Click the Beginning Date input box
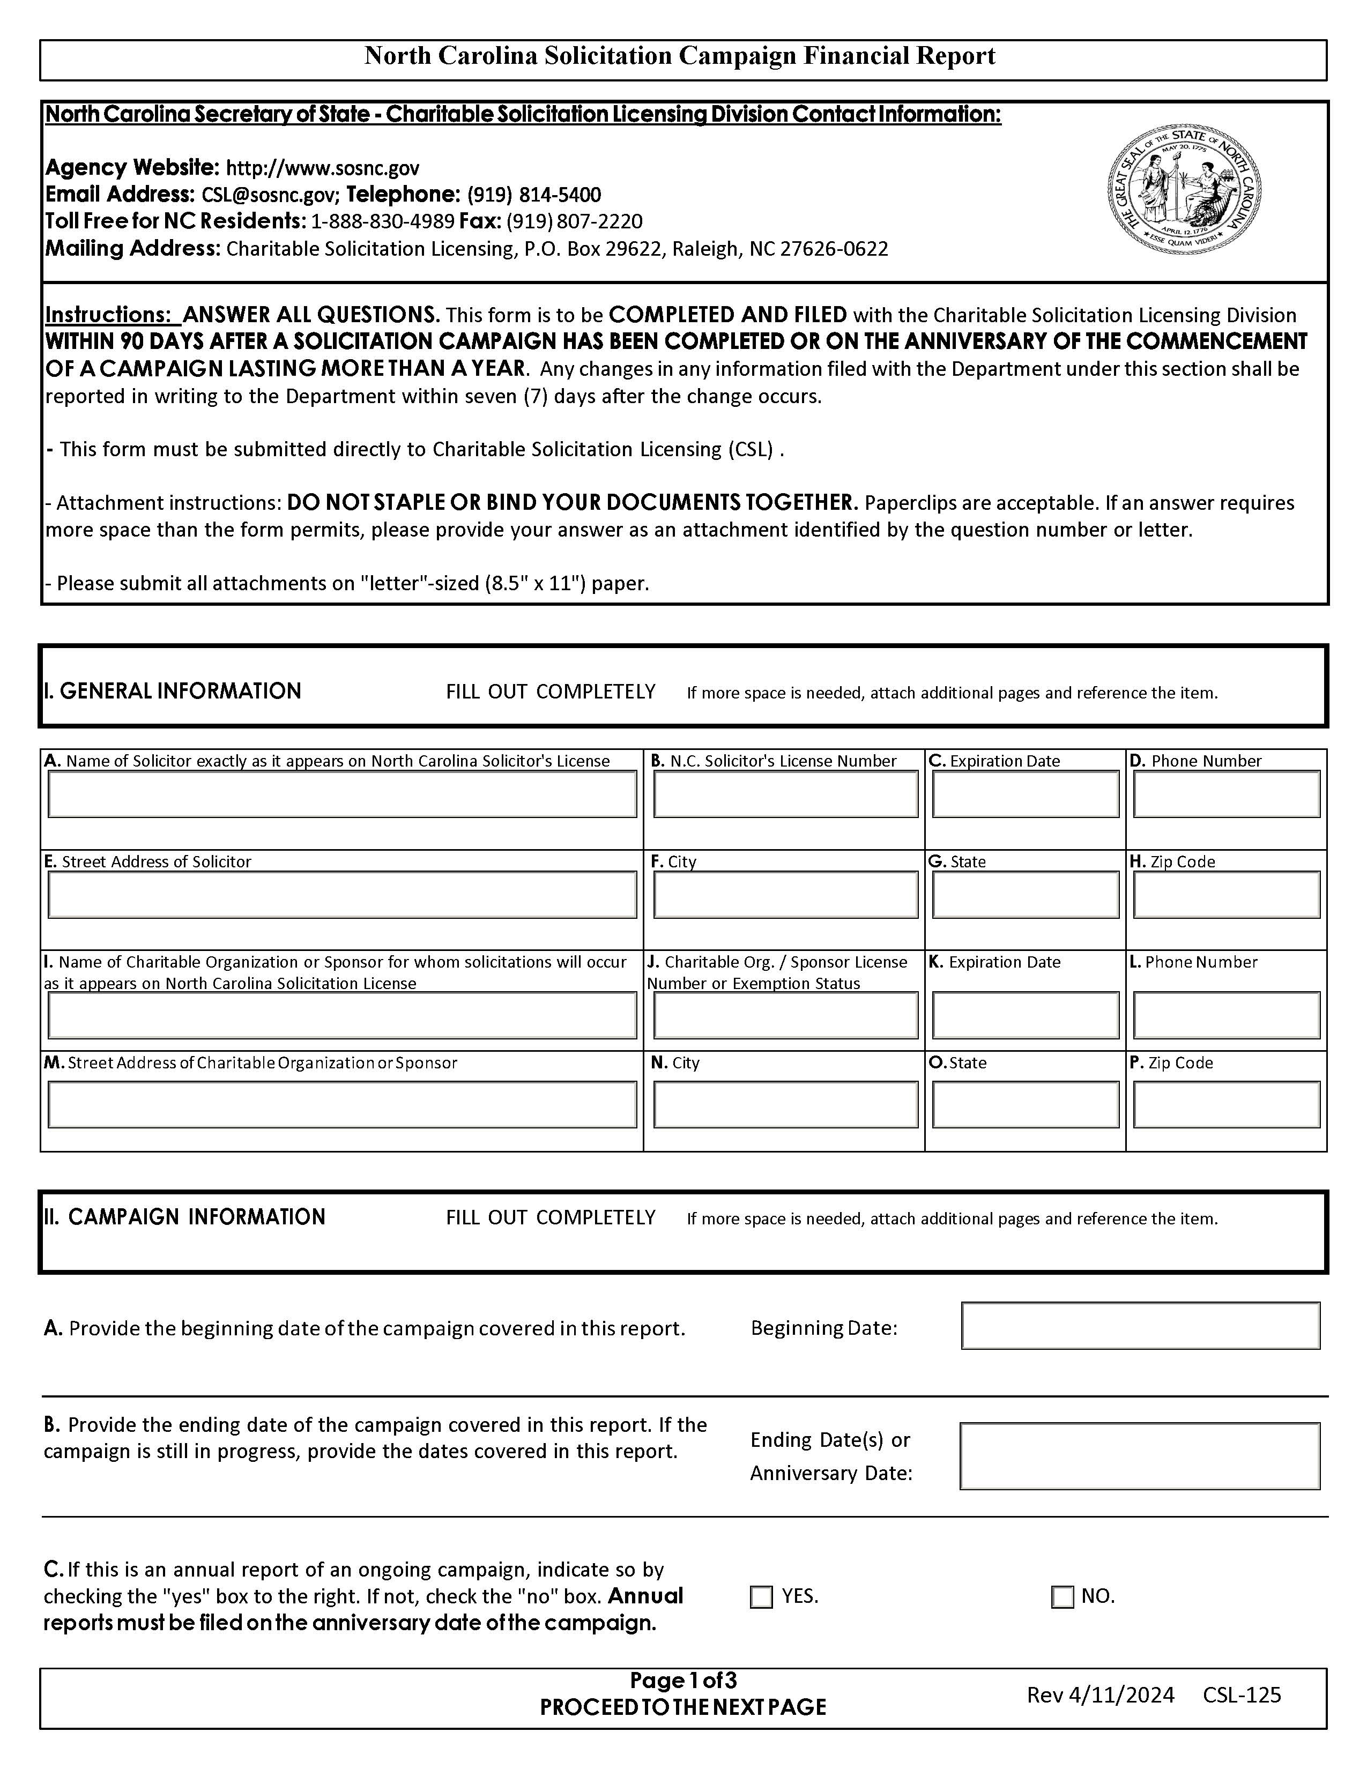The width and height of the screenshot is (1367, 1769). (x=1140, y=1326)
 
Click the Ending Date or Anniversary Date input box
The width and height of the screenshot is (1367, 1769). (x=1140, y=1455)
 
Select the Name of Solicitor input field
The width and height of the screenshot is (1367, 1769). (x=342, y=794)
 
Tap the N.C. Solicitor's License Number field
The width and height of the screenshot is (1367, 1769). (x=785, y=794)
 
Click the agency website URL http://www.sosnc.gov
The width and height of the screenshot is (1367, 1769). (x=322, y=168)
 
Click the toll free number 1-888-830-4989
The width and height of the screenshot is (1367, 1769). (x=382, y=222)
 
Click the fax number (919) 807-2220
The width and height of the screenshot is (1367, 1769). (x=574, y=222)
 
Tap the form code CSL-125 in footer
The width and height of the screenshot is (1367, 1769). (x=1242, y=1695)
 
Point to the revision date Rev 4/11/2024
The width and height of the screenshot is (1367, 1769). (x=1099, y=1695)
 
